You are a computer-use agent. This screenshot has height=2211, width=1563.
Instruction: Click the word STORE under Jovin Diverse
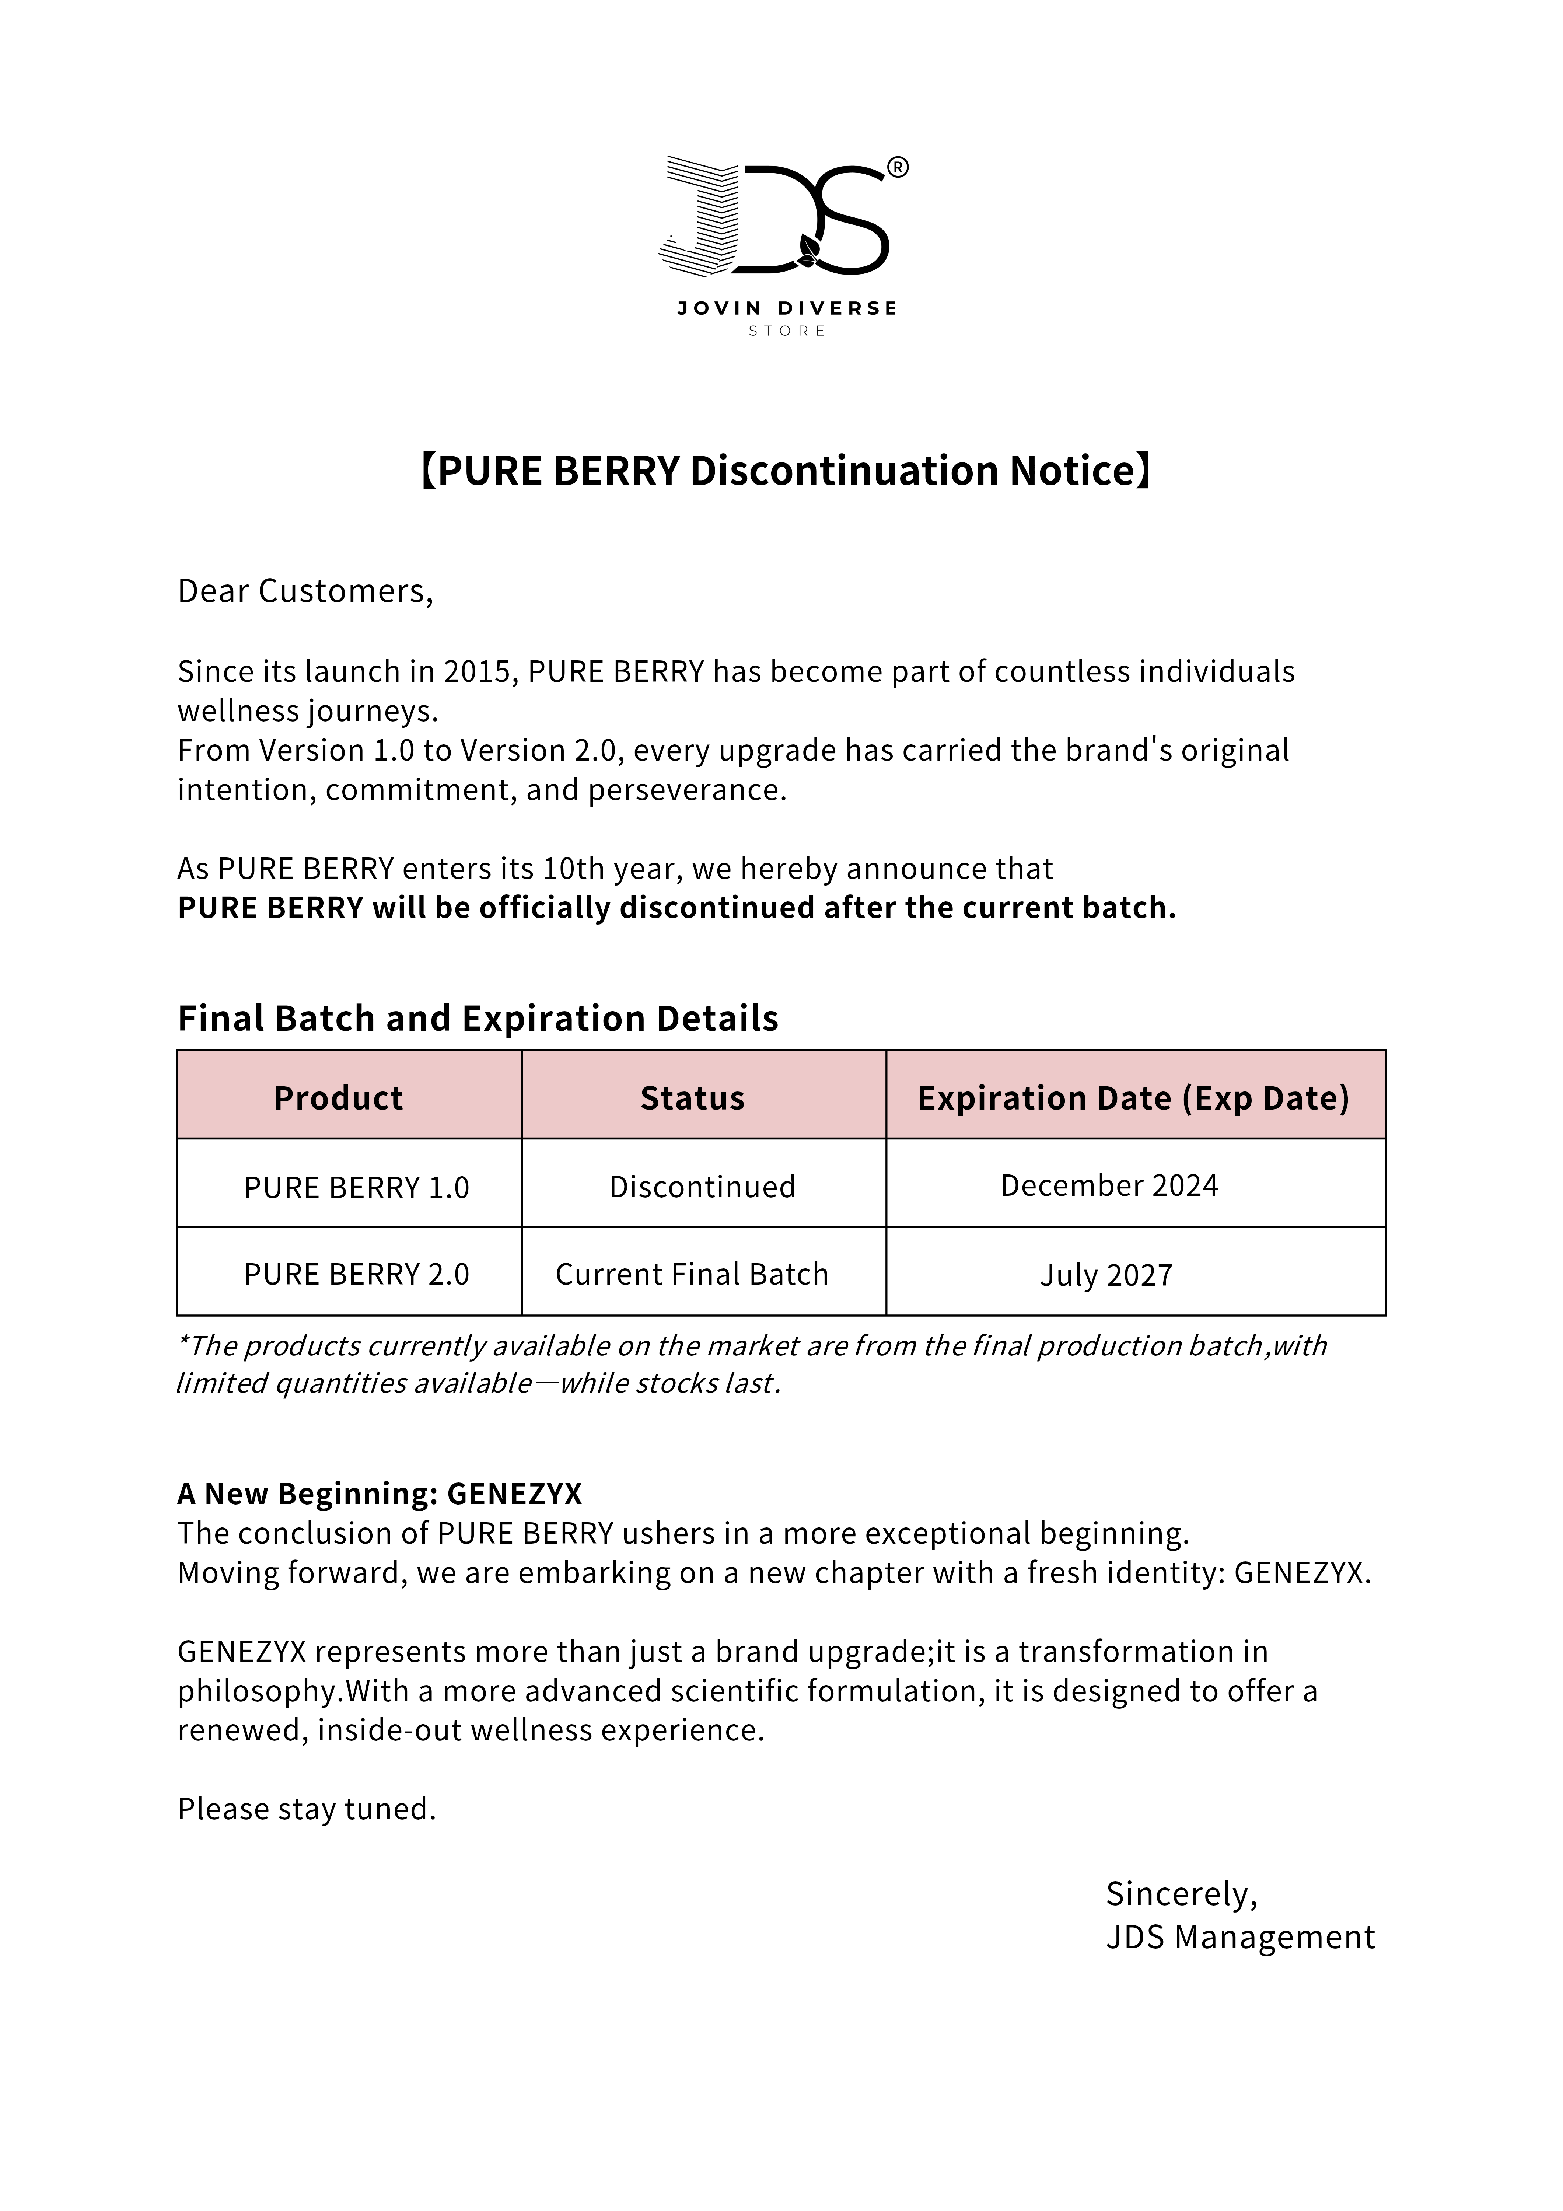(x=787, y=331)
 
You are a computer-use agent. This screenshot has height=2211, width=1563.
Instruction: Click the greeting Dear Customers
(x=305, y=591)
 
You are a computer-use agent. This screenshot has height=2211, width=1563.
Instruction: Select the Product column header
(x=338, y=1098)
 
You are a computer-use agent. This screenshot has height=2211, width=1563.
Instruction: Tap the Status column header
(x=692, y=1098)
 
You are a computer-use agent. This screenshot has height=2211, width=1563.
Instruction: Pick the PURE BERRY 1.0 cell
(x=356, y=1187)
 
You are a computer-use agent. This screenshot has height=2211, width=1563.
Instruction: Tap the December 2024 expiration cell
(x=1108, y=1185)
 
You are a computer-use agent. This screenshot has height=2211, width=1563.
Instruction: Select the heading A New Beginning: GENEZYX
(x=380, y=1494)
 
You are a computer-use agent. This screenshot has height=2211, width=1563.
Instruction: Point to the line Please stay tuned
(x=306, y=1809)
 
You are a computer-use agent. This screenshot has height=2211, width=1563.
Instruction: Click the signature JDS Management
(x=1239, y=1936)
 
